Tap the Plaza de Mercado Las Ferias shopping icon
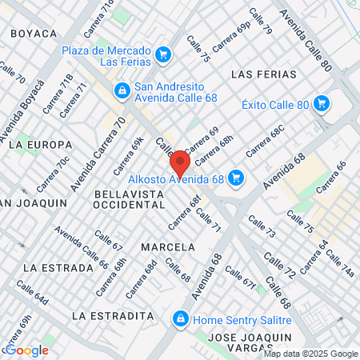click(x=163, y=55)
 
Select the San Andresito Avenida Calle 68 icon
click(x=122, y=91)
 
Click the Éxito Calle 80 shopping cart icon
click(x=322, y=103)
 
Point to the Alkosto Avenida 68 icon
click(x=235, y=177)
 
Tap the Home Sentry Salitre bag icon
click(x=182, y=318)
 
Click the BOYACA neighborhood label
click(x=34, y=34)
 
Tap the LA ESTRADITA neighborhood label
click(x=112, y=316)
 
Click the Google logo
click(x=26, y=350)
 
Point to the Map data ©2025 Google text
click(x=311, y=354)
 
